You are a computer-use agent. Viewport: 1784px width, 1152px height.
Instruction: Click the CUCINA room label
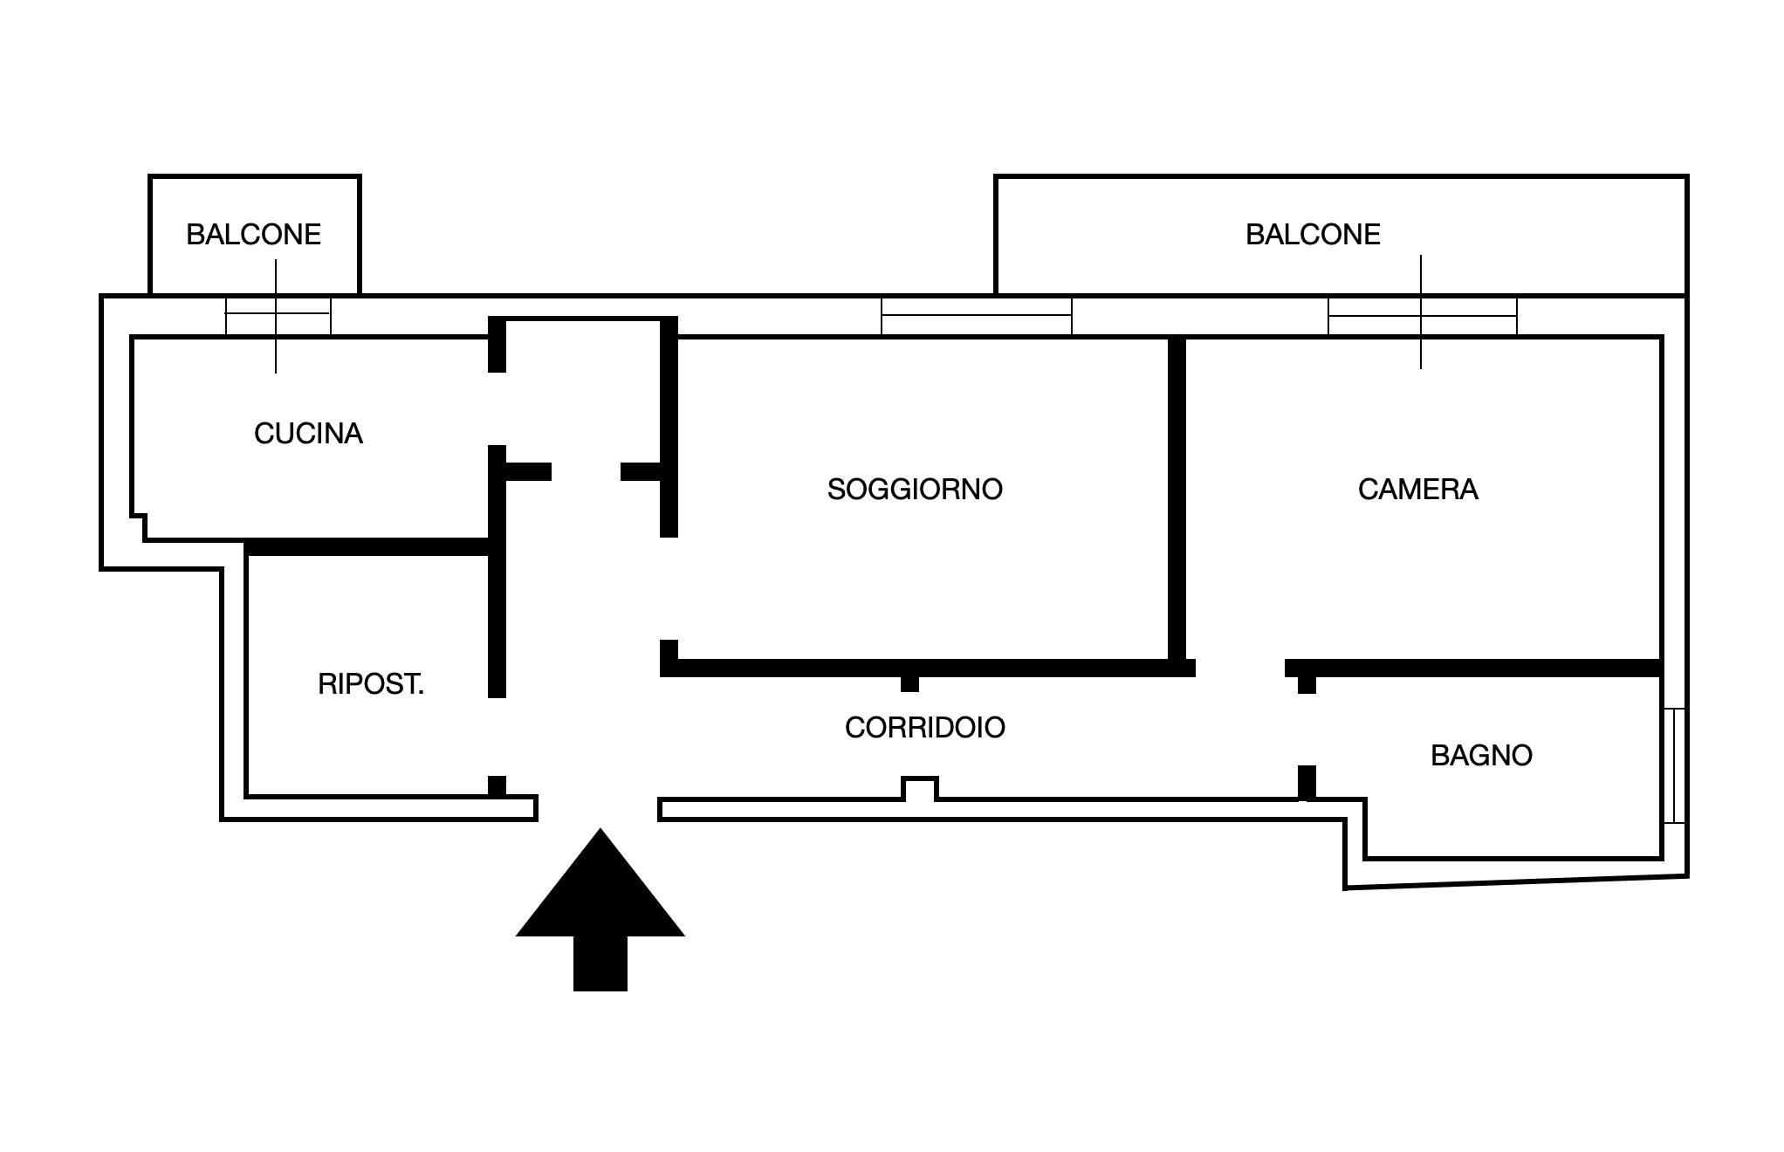point(308,434)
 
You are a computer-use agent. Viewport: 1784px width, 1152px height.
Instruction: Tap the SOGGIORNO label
point(915,490)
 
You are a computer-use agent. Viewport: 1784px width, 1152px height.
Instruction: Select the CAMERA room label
point(1417,490)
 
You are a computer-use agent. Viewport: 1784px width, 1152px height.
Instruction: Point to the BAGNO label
point(1481,756)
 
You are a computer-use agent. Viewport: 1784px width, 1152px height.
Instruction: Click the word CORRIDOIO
point(924,728)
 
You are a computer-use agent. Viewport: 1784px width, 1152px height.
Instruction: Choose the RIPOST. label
point(371,684)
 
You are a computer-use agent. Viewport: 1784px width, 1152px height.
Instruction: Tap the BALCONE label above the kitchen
point(253,235)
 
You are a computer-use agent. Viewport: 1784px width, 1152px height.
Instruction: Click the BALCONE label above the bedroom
point(1312,235)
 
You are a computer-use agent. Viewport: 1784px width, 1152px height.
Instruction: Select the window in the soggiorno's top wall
point(976,316)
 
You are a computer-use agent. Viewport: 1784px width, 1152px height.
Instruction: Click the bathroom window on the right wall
point(1673,765)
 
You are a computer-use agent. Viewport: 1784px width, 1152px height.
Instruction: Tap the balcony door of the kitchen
point(278,316)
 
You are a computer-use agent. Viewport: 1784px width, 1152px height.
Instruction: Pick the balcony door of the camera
point(1422,316)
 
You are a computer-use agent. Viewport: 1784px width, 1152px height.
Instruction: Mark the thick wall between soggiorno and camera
point(1177,497)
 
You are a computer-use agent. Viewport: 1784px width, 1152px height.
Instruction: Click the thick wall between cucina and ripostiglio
point(367,547)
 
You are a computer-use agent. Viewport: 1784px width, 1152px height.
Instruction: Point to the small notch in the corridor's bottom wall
point(919,790)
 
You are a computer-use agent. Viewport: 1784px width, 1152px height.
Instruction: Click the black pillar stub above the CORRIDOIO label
point(909,683)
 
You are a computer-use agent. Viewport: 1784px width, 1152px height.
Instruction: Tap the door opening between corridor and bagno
point(1307,730)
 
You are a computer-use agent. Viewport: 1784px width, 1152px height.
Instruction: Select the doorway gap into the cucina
point(497,408)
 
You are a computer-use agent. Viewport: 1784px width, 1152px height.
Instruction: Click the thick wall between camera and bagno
point(1475,669)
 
